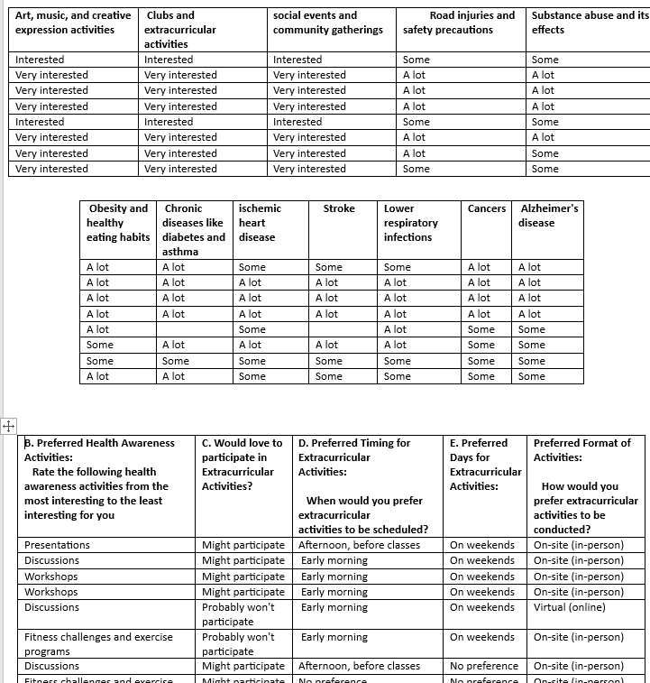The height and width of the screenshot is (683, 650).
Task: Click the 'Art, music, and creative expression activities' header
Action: tap(72, 23)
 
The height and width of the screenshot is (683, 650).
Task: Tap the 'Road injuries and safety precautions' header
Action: tap(459, 23)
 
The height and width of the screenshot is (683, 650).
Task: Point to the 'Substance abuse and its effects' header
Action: tap(589, 23)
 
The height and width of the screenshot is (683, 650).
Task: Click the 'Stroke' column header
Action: tap(339, 208)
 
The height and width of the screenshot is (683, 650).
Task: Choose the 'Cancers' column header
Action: tap(486, 208)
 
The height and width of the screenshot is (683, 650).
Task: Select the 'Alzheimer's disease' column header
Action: tap(549, 216)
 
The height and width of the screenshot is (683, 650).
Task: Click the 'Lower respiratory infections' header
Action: tap(410, 223)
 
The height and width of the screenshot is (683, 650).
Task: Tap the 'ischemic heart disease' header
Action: tap(260, 223)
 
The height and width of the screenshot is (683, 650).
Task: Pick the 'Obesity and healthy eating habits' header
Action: tap(117, 223)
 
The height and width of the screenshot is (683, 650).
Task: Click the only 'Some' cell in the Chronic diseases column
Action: tap(175, 361)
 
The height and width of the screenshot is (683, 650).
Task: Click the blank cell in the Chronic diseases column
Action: tap(194, 329)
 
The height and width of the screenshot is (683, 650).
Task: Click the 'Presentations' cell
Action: tap(57, 545)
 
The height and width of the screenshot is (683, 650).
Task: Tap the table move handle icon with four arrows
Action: tap(8, 425)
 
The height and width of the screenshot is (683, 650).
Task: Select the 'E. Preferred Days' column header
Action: tap(485, 464)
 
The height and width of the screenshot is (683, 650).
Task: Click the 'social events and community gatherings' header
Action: tap(327, 23)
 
